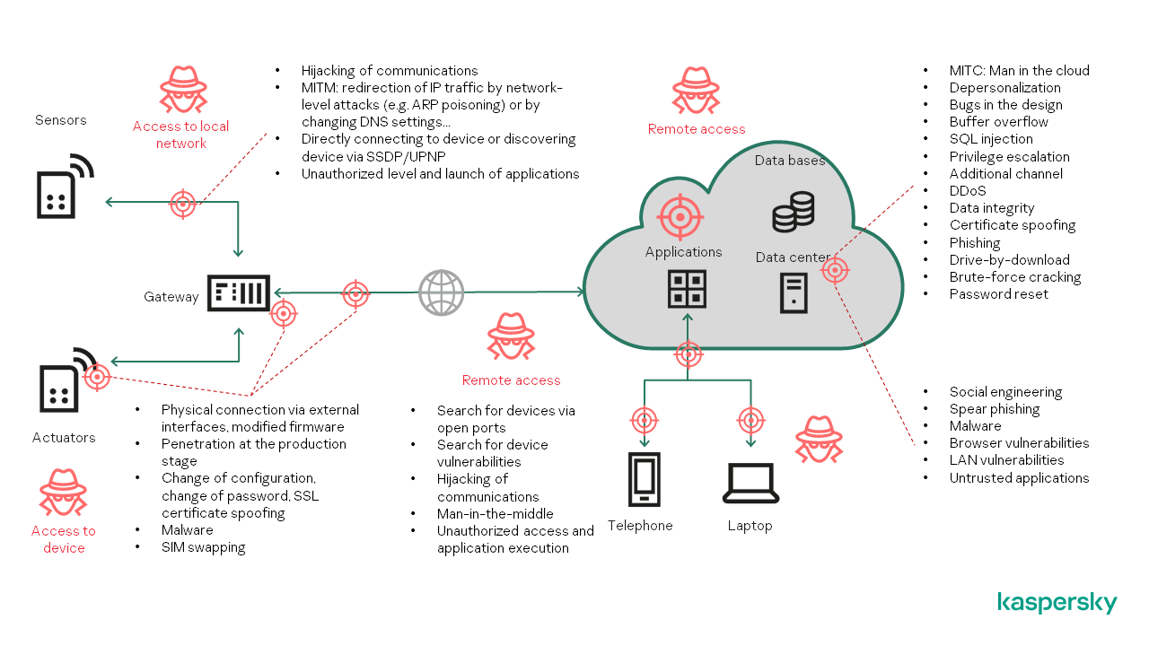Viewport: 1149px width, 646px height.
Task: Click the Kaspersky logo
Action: coord(1057,603)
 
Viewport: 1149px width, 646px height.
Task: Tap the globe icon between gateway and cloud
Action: coord(441,292)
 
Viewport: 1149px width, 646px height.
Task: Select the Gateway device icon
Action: coord(239,292)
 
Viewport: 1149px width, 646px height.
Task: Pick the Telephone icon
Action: coord(644,479)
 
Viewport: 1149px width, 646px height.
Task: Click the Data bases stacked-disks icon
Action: coord(794,212)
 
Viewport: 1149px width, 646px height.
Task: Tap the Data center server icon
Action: coord(794,292)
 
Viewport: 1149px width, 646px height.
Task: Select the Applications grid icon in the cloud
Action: coord(687,289)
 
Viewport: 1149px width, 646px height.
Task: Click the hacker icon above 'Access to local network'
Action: coord(183,89)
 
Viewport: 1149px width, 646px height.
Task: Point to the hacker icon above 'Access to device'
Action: coord(63,492)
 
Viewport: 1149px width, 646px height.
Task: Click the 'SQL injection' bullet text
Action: coord(991,139)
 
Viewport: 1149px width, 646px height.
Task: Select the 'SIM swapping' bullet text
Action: coord(203,547)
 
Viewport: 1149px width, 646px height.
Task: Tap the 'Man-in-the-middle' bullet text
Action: coord(495,514)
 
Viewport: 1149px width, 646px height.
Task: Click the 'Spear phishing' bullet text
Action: coord(995,409)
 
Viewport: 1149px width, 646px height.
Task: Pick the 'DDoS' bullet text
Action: coord(968,191)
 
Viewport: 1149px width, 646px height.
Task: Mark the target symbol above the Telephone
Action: coord(644,419)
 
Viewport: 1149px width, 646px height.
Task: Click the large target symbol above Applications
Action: coord(680,217)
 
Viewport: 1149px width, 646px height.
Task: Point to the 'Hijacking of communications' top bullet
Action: coord(390,71)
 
